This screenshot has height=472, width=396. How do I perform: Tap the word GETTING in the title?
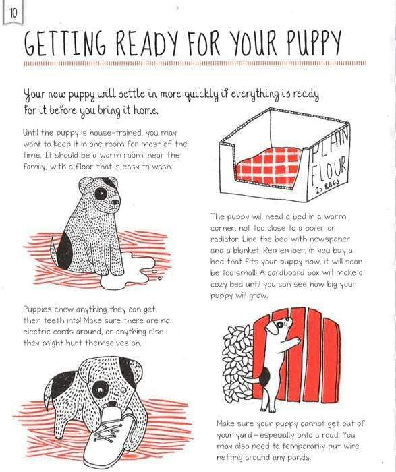click(64, 44)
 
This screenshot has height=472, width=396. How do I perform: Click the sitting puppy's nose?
click(115, 202)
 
